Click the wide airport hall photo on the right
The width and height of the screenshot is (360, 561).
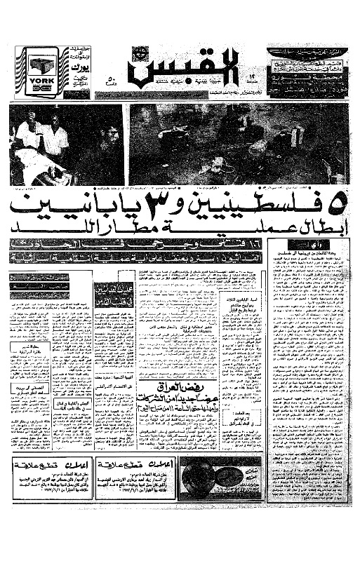click(239, 144)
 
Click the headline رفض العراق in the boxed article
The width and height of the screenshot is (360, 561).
click(226, 389)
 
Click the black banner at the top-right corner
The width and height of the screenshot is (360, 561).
click(307, 52)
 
